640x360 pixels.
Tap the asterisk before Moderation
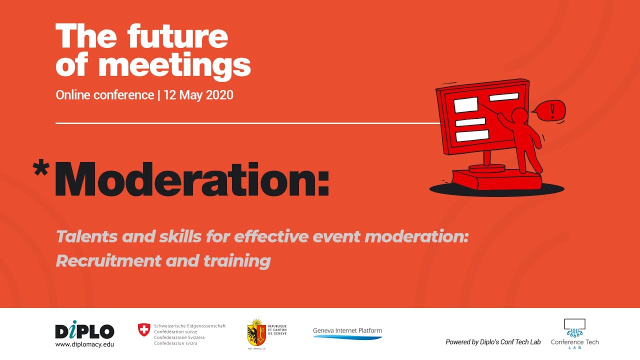pyautogui.click(x=40, y=168)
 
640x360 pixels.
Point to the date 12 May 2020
pyautogui.click(x=198, y=95)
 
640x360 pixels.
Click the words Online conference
pyautogui.click(x=105, y=95)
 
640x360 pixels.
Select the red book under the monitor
pyautogui.click(x=495, y=179)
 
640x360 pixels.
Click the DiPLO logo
pyautogui.click(x=84, y=330)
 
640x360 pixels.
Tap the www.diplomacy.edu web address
pyautogui.click(x=84, y=344)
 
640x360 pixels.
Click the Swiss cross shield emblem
pyautogui.click(x=143, y=329)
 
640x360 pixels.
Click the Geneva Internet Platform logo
pyautogui.click(x=347, y=333)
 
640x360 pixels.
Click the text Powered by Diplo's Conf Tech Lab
pyautogui.click(x=493, y=342)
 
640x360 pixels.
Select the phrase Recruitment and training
pyautogui.click(x=163, y=260)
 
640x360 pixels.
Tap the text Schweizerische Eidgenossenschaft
pyautogui.click(x=190, y=325)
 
